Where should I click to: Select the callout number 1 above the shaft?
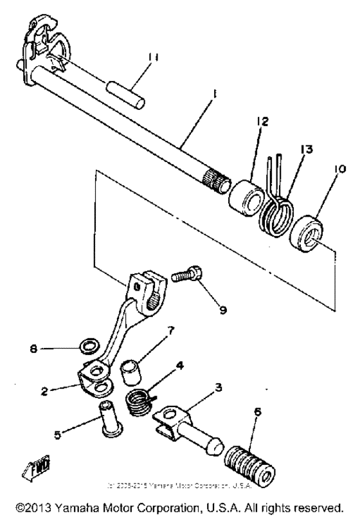pos(214,93)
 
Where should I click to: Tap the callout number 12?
pos(264,120)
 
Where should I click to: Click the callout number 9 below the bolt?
pos(223,309)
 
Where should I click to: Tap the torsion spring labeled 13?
pos(277,212)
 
